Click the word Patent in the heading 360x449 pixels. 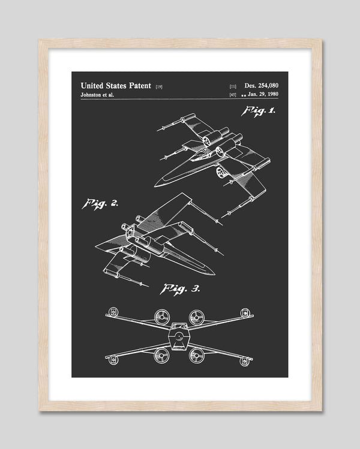pyautogui.click(x=140, y=86)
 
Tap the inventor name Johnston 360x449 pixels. pyautogui.click(x=91, y=95)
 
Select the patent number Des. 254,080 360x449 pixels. pyautogui.click(x=261, y=85)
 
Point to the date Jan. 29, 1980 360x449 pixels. pyautogui.click(x=263, y=94)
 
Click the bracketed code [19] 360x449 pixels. pyautogui.click(x=159, y=87)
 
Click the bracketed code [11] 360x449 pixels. pyautogui.click(x=233, y=86)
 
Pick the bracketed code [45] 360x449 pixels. pyautogui.click(x=233, y=95)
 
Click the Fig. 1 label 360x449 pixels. pyautogui.click(x=258, y=111)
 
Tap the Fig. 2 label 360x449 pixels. pyautogui.click(x=100, y=204)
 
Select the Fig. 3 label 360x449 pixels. pyautogui.click(x=180, y=289)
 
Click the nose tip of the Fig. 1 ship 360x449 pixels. pyautogui.click(x=155, y=186)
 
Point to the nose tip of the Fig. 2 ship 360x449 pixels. pyautogui.click(x=214, y=274)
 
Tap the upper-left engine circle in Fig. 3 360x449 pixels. pyautogui.click(x=161, y=317)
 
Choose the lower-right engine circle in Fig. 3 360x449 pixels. pyautogui.click(x=196, y=355)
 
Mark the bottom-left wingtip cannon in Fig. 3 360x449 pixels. pyautogui.click(x=113, y=359)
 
